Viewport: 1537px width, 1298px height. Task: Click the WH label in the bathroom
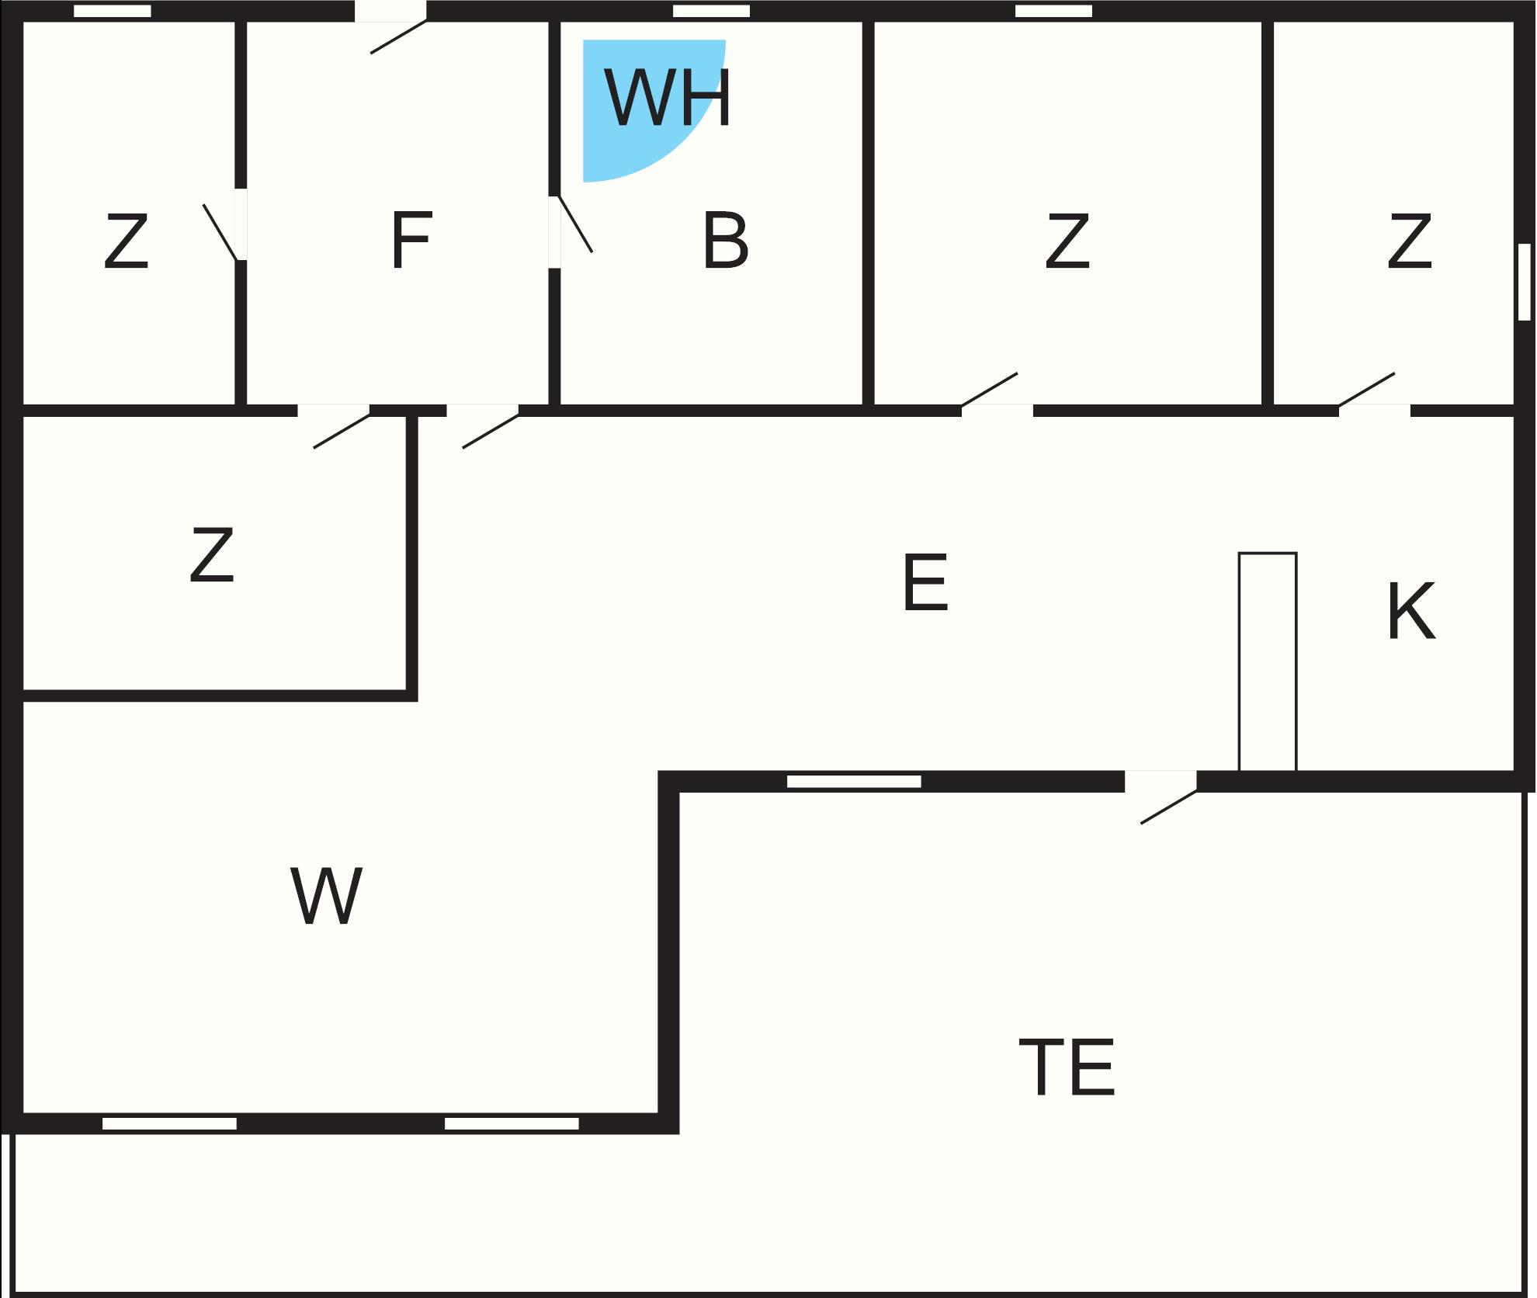pyautogui.click(x=668, y=99)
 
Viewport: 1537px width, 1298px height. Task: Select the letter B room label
pyautogui.click(x=725, y=241)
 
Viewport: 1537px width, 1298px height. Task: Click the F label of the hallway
pyautogui.click(x=410, y=241)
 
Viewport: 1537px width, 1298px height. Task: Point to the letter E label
pyautogui.click(x=925, y=583)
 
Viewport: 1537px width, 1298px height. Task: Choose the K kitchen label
pyautogui.click(x=1410, y=613)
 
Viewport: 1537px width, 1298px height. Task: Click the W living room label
pyautogui.click(x=326, y=896)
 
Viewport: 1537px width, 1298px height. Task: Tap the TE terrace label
pyautogui.click(x=1067, y=1067)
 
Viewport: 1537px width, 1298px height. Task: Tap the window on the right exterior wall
pyautogui.click(x=1524, y=282)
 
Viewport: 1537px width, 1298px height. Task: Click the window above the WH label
pyautogui.click(x=711, y=11)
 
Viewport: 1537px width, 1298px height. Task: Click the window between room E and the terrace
pyautogui.click(x=854, y=781)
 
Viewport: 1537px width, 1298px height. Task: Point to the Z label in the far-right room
pyautogui.click(x=1409, y=242)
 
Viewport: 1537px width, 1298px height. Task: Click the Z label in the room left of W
pyautogui.click(x=211, y=555)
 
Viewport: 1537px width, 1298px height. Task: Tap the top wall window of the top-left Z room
pyautogui.click(x=113, y=11)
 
